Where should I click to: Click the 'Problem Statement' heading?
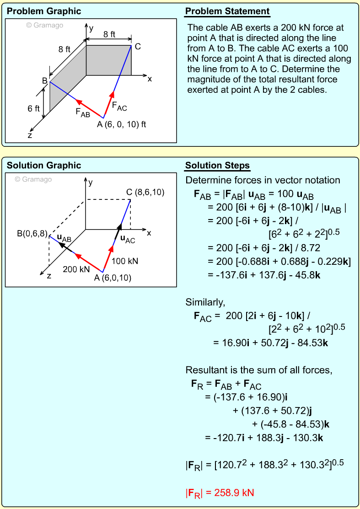(x=227, y=11)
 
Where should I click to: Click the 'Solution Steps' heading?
(x=217, y=166)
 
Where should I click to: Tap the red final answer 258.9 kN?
(x=220, y=493)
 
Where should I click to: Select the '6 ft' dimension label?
(x=33, y=109)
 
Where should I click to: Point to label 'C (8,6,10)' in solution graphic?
(x=145, y=192)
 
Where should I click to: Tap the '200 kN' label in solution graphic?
(x=76, y=269)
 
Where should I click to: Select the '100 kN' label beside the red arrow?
(x=125, y=261)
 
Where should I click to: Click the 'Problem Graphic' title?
(x=44, y=11)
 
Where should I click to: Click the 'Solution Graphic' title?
(x=44, y=166)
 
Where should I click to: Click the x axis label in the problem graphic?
(x=150, y=79)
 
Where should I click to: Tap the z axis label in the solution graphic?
(x=48, y=276)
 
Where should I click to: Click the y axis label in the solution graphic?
(x=91, y=182)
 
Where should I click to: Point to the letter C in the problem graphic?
(x=138, y=46)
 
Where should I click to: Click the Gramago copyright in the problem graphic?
(x=44, y=25)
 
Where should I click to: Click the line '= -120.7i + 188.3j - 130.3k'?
(x=264, y=438)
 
